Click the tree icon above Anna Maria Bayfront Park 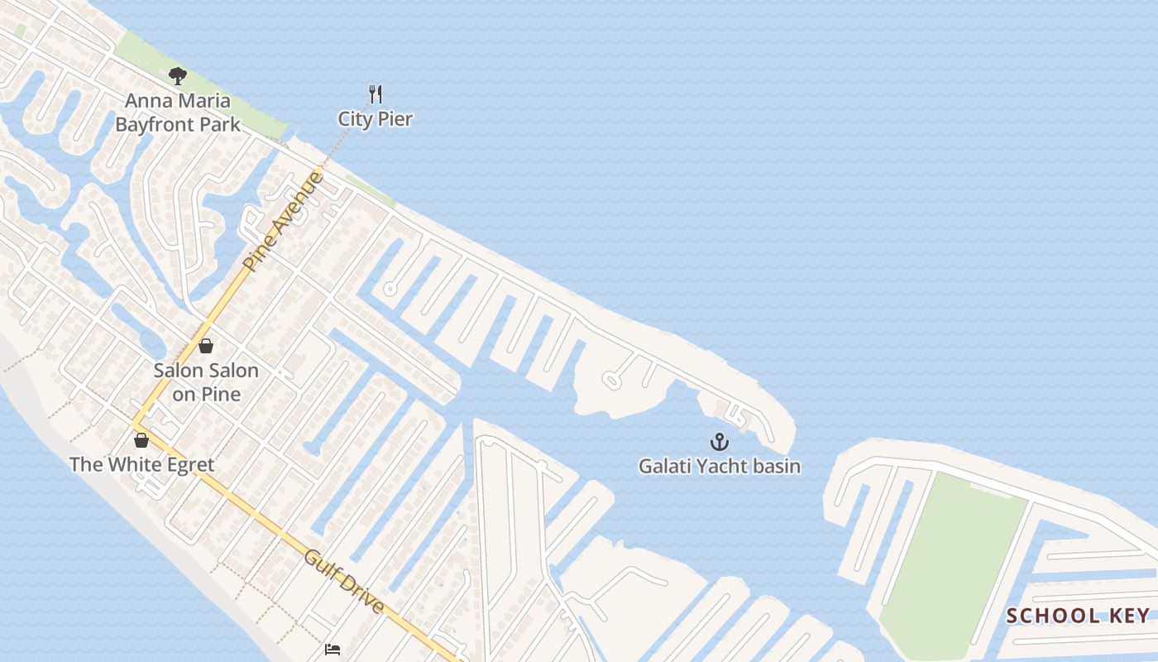(177, 77)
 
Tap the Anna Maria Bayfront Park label (178, 113)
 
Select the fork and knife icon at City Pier (376, 94)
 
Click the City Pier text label (375, 119)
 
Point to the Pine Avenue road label (283, 221)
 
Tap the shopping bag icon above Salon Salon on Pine (206, 346)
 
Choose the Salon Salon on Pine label (206, 382)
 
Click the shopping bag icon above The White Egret (141, 439)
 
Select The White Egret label (141, 464)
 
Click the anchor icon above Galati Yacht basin (719, 441)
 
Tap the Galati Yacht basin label (719, 467)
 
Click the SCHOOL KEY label (1078, 616)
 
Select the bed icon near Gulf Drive (333, 650)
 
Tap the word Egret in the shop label (189, 464)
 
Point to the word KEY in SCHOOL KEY (1129, 616)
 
